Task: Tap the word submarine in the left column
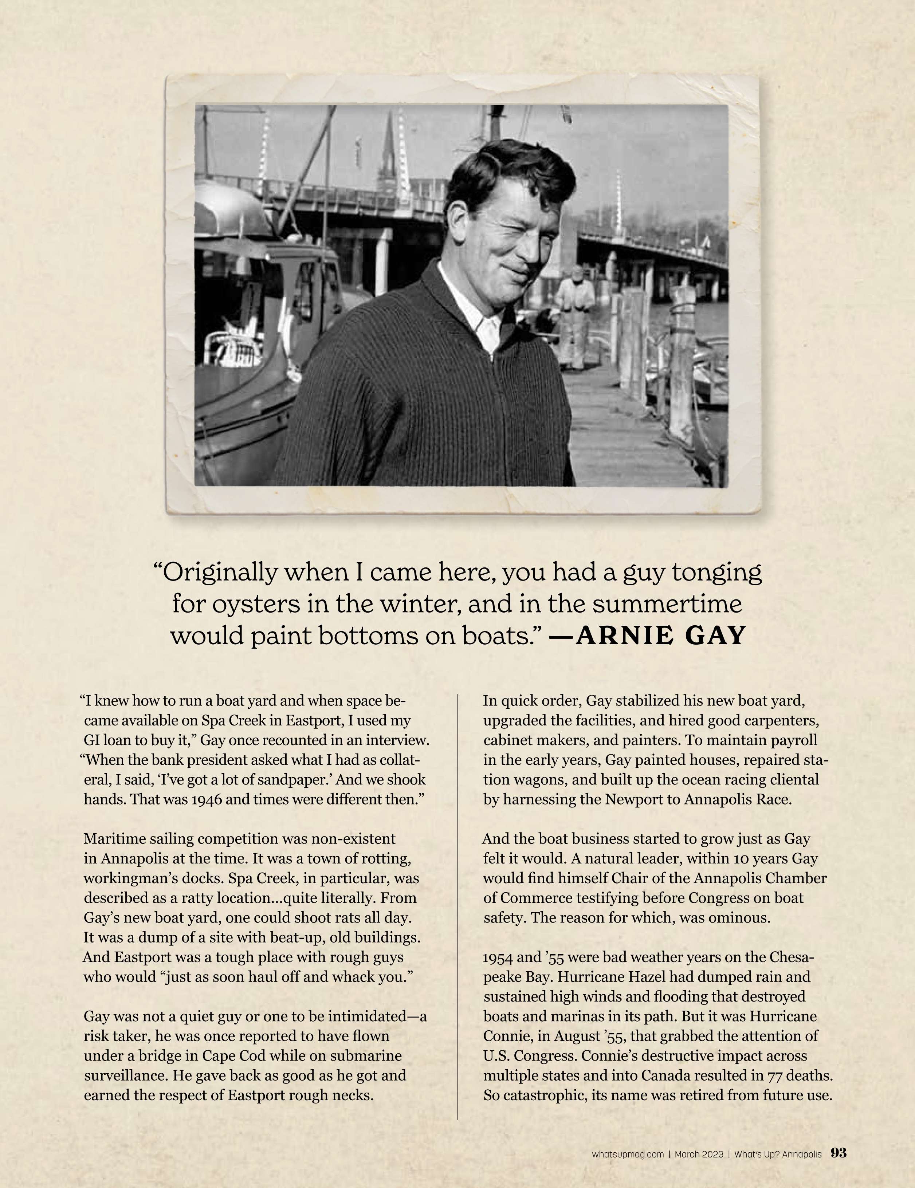coord(367,1056)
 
